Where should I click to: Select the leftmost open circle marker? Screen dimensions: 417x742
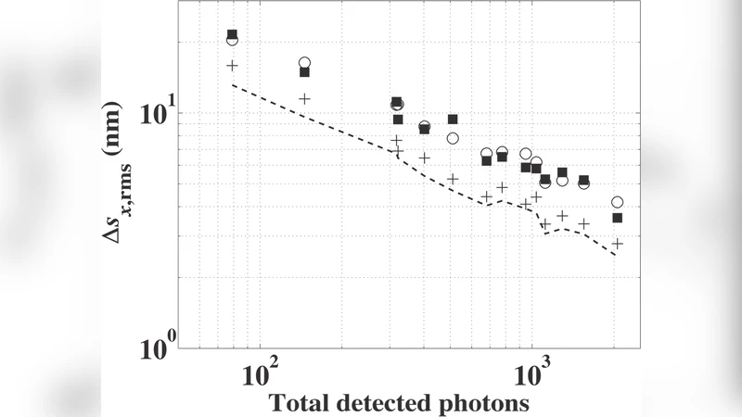coord(232,40)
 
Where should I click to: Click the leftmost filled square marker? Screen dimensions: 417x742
coord(233,34)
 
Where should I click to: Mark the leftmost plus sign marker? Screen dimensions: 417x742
coord(233,66)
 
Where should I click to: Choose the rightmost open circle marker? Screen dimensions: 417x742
coord(617,202)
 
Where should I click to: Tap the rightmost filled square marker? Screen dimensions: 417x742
coord(617,218)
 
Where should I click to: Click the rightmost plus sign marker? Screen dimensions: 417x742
coord(617,243)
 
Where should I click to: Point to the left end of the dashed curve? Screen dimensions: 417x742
coord(233,85)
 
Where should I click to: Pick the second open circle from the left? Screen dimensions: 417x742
coord(304,63)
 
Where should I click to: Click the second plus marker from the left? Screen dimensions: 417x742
coord(304,98)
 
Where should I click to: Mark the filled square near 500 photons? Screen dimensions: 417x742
coord(453,120)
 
